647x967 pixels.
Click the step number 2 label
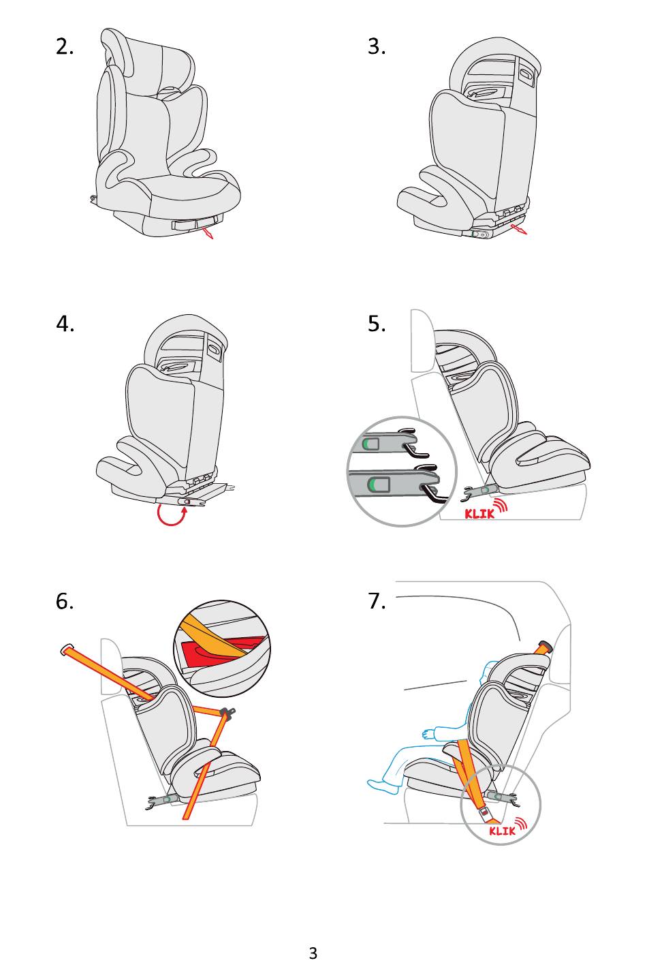[x=65, y=46]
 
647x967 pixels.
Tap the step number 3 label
[x=377, y=46]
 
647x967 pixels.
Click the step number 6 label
[x=65, y=601]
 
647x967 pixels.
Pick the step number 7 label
[x=377, y=601]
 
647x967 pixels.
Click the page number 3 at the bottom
[x=313, y=953]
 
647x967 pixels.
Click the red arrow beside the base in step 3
[x=519, y=231]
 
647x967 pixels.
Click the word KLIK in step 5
[x=479, y=514]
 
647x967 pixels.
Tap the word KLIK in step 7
[x=502, y=831]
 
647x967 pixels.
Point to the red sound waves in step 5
[x=502, y=505]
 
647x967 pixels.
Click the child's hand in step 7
[x=428, y=733]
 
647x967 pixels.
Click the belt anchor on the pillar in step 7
[x=543, y=645]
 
